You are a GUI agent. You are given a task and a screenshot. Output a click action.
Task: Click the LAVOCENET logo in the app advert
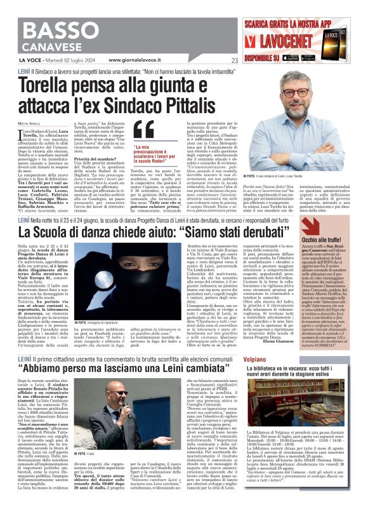coord(288,40)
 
